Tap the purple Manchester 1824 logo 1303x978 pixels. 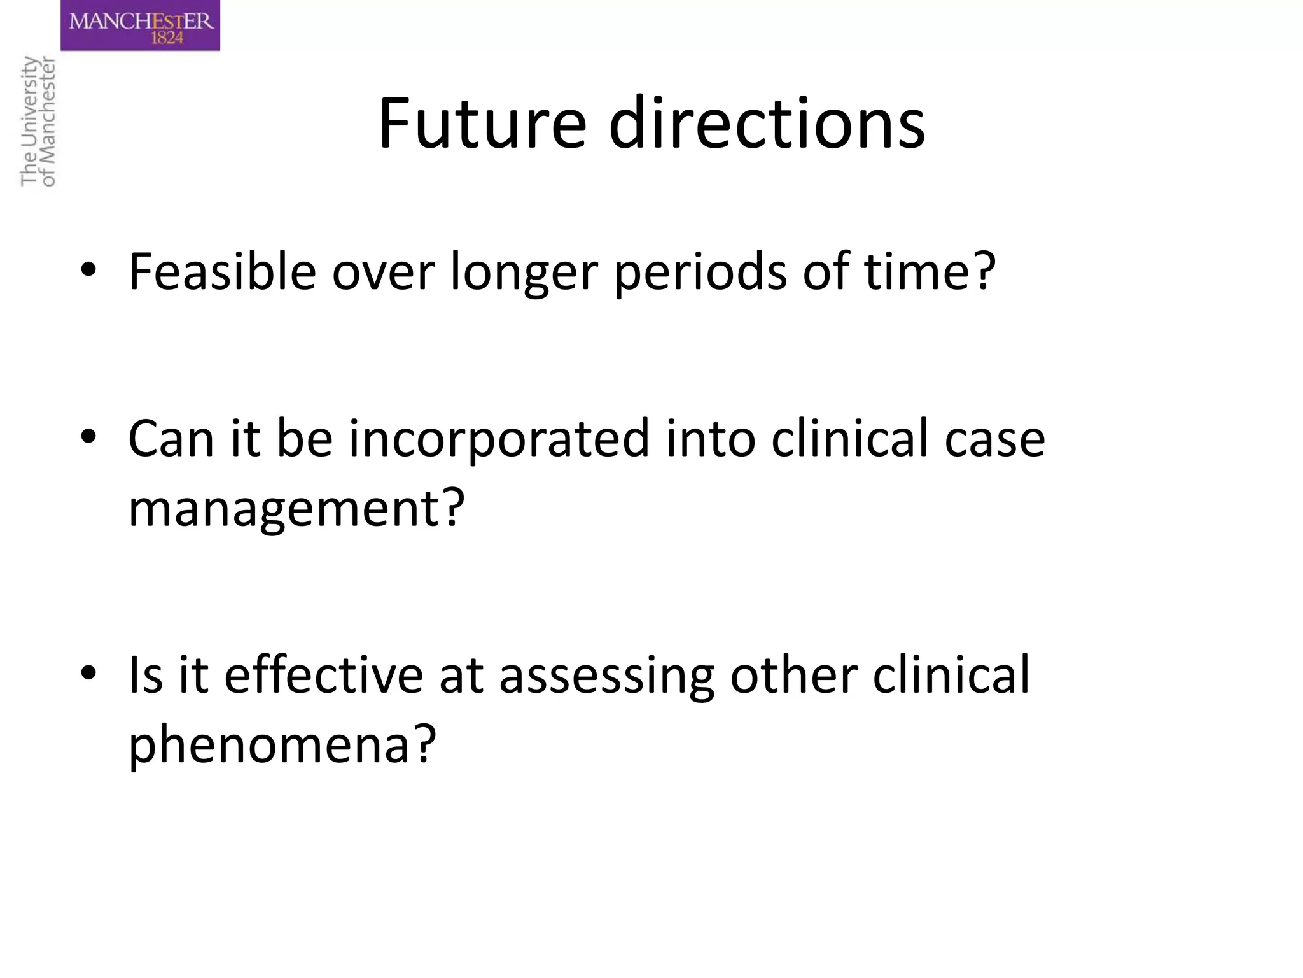click(x=140, y=25)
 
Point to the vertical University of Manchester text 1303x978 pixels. click(x=38, y=121)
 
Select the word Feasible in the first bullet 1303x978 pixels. click(x=222, y=272)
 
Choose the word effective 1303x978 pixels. click(x=323, y=675)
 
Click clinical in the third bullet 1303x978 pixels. click(x=951, y=675)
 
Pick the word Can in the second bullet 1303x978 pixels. click(x=171, y=439)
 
